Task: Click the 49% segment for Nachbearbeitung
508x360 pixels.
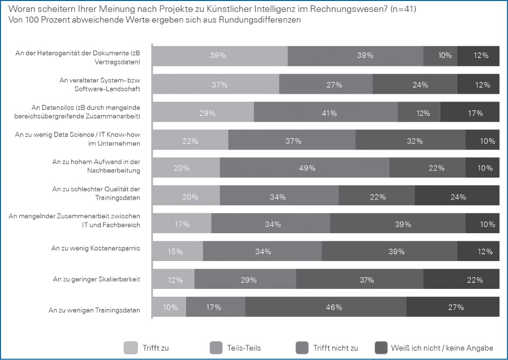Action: tap(305, 168)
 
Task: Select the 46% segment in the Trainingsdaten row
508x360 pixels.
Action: tap(326, 307)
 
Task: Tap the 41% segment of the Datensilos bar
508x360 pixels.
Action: tap(326, 113)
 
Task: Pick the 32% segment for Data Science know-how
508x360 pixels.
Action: tap(410, 141)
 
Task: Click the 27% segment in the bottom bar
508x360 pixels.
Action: tap(453, 307)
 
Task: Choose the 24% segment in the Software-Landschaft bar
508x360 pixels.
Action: tap(415, 85)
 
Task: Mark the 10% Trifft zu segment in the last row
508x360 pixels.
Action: tap(169, 307)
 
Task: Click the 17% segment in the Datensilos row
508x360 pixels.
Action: tap(470, 113)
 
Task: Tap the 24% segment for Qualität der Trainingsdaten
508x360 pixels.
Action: tap(457, 196)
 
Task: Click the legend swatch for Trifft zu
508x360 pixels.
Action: tap(130, 348)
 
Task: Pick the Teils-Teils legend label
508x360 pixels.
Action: tap(244, 348)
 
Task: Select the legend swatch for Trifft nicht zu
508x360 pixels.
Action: tap(302, 348)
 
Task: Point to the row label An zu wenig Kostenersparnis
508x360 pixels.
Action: tap(96, 248)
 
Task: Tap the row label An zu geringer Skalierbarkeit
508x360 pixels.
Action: tap(97, 279)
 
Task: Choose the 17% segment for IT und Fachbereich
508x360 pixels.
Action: tap(182, 224)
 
